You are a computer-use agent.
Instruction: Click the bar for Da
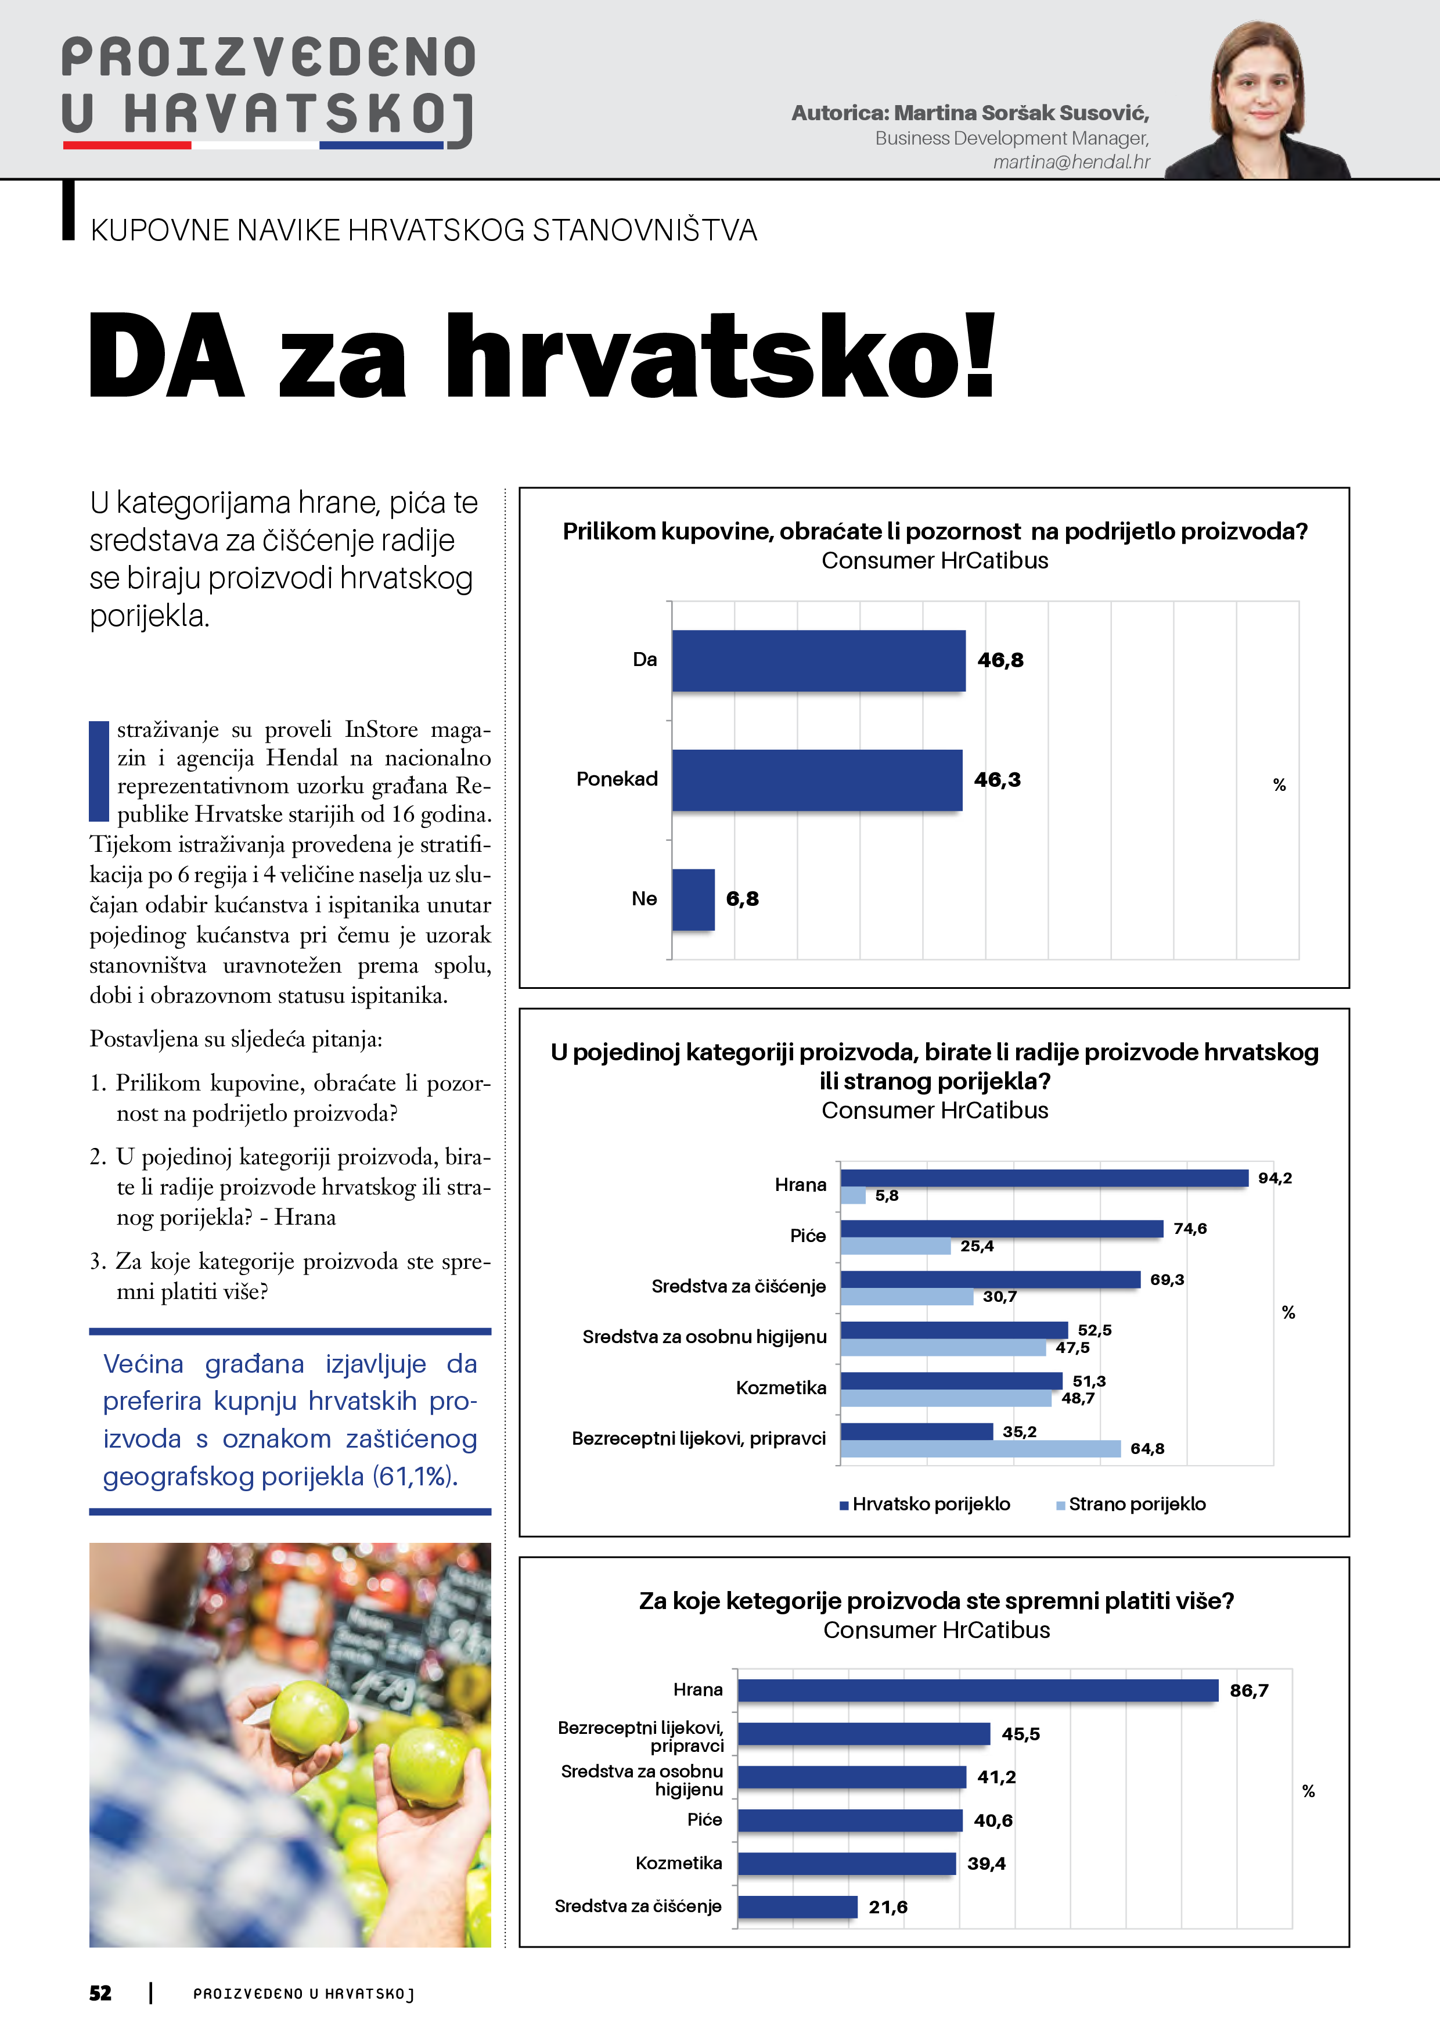[818, 660]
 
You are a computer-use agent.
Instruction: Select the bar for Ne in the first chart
[693, 899]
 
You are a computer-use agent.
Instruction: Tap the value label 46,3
[998, 780]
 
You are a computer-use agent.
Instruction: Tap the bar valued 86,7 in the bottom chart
[978, 1691]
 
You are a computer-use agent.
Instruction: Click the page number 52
[100, 1993]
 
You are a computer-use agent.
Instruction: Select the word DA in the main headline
[167, 356]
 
